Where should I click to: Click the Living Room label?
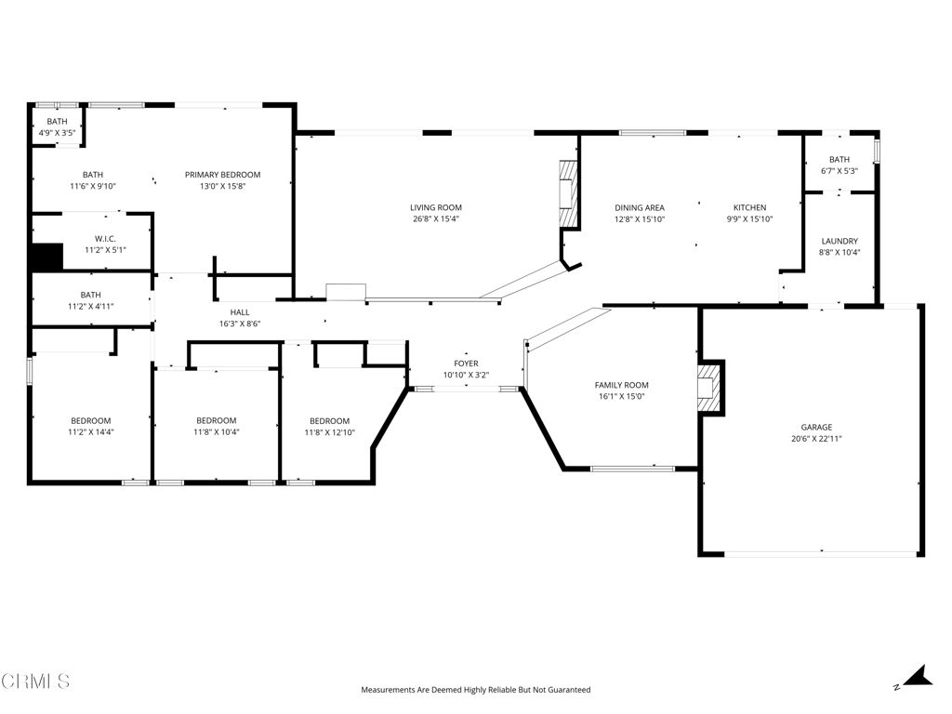click(436, 207)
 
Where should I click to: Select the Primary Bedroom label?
click(222, 175)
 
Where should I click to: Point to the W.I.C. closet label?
click(104, 239)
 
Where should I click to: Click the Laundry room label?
click(839, 241)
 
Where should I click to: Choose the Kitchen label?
click(749, 207)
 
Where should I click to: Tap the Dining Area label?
click(639, 207)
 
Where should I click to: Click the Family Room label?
click(621, 385)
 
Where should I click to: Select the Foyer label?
click(466, 364)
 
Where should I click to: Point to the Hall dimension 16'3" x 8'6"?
click(240, 324)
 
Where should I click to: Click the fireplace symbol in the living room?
click(567, 193)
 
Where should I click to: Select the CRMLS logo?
click(35, 681)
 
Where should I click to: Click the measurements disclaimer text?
click(475, 690)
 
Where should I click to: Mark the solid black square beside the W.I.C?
click(46, 257)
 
